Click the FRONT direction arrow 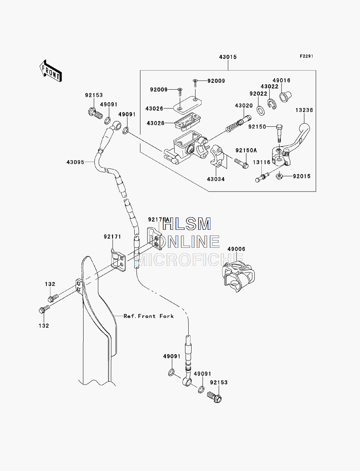[51, 71]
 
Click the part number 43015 [228, 57]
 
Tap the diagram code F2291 [307, 56]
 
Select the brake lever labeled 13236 [291, 146]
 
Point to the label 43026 [154, 109]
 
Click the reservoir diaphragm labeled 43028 [188, 122]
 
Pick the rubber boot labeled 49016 [285, 97]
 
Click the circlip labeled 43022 [272, 104]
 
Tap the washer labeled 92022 [261, 110]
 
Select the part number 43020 [244, 106]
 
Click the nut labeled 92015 [279, 176]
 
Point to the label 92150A [246, 151]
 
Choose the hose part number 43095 [75, 162]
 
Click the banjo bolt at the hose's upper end [95, 114]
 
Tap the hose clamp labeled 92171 [118, 260]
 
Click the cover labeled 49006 [238, 277]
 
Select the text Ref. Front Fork [149, 316]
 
